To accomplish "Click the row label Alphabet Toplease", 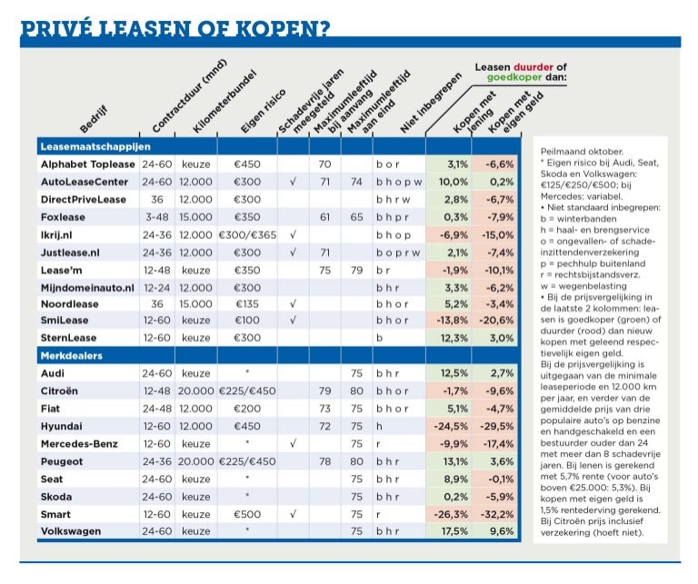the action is point(87,164).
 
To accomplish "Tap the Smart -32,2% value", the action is point(496,515).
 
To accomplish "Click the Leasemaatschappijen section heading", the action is point(95,146).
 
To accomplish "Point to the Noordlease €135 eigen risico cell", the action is point(247,304).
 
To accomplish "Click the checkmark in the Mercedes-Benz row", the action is point(293,443).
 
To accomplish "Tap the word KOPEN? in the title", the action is point(283,28).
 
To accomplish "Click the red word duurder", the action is point(533,67).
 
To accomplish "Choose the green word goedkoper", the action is point(514,77).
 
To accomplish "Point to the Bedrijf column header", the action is point(94,120).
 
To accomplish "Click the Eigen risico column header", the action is point(263,111).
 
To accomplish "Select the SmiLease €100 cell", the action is point(247,321).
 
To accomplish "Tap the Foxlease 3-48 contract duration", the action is point(156,217).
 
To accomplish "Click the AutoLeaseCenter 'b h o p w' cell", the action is point(399,182).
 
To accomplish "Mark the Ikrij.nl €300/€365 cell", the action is point(247,235).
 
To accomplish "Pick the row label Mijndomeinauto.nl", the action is point(87,288).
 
